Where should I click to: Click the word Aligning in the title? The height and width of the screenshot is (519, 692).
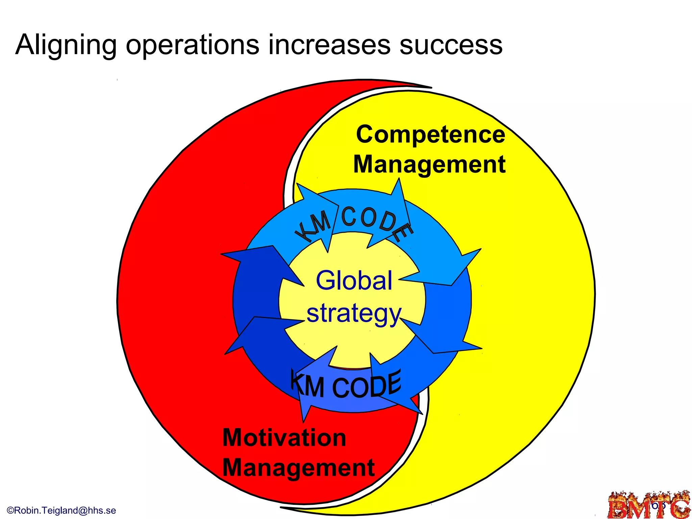[66, 45]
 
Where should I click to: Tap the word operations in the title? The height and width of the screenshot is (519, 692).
[193, 45]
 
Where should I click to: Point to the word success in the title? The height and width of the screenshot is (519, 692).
[451, 45]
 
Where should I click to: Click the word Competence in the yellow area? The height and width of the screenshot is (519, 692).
[430, 134]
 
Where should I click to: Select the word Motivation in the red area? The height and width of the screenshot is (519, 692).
[285, 438]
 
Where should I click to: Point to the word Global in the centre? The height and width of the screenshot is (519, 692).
[354, 280]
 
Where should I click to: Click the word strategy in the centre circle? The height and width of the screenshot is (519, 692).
[354, 314]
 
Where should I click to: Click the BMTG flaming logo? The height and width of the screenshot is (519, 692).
[649, 505]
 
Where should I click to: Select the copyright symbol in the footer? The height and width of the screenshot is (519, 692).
[10, 510]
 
